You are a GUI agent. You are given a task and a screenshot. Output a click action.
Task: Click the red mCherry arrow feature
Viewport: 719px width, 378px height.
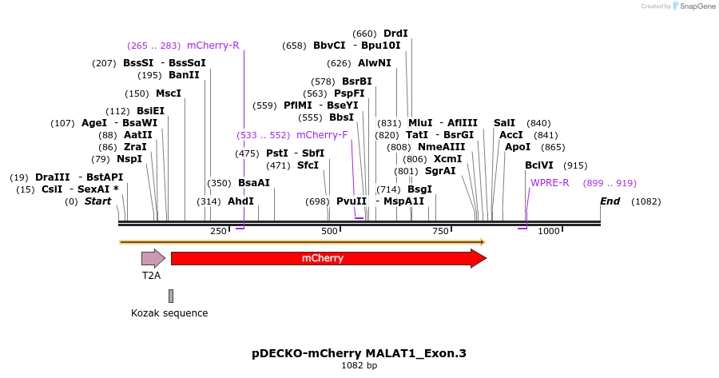tap(328, 258)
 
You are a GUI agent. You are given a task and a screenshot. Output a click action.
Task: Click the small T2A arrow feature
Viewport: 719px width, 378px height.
tap(153, 258)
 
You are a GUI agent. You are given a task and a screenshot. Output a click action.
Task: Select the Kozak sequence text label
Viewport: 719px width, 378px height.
tap(169, 313)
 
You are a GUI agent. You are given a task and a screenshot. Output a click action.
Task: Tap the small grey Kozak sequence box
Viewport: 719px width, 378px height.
tap(171, 296)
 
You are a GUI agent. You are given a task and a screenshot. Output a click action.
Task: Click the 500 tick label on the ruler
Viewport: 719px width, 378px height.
tap(329, 232)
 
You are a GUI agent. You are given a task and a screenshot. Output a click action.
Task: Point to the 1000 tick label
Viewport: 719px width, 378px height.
tap(549, 232)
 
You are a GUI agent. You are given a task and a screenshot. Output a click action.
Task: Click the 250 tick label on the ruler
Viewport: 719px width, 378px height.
tap(219, 232)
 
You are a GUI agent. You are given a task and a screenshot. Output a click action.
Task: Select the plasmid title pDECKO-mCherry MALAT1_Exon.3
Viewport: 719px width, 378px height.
tap(359, 352)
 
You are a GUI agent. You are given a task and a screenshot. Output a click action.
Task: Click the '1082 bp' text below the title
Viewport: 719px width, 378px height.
tap(359, 365)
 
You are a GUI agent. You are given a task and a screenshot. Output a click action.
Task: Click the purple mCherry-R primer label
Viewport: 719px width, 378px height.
tap(213, 46)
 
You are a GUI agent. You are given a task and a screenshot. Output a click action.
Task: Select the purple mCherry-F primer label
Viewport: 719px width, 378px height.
tap(322, 135)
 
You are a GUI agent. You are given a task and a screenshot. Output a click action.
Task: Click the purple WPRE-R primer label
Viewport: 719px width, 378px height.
tap(550, 183)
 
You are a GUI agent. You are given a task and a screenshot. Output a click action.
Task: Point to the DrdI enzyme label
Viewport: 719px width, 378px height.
tap(395, 34)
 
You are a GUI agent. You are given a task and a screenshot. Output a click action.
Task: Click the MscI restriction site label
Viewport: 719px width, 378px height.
tap(169, 94)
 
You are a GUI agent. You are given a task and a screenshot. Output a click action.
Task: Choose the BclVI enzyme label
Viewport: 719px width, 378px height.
tap(538, 165)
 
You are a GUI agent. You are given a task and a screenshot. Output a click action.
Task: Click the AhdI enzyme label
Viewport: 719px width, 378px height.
tap(240, 201)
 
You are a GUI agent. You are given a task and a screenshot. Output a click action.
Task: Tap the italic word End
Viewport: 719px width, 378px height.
tap(610, 201)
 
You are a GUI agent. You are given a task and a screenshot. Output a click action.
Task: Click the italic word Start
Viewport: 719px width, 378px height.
tap(98, 201)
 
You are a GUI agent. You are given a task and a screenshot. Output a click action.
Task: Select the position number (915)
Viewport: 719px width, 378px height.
tap(575, 165)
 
